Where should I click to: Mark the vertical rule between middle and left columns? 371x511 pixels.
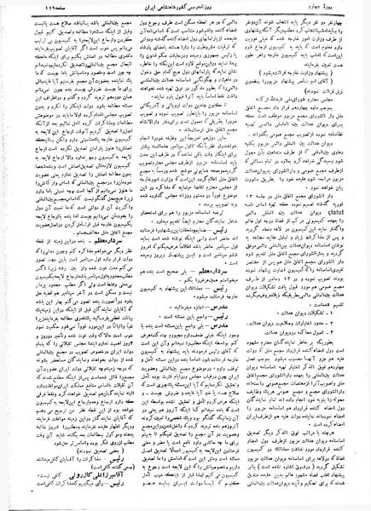[127, 255]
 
